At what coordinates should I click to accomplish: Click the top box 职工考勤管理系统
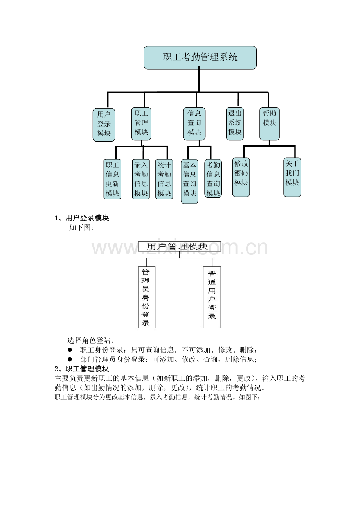[x=200, y=57]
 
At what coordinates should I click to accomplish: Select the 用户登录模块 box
[x=104, y=125]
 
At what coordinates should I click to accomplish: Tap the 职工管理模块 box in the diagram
[x=141, y=124]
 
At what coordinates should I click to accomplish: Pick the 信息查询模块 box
[x=194, y=124]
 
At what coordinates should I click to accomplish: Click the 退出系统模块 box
[x=235, y=124]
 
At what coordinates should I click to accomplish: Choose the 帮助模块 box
[x=270, y=124]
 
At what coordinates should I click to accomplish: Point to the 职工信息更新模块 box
[x=112, y=179]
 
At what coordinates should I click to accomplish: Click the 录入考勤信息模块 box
[x=141, y=179]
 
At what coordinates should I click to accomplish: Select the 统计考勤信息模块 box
[x=164, y=179]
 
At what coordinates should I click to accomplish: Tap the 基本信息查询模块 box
[x=190, y=181]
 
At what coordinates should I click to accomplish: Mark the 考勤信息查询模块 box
[x=213, y=178]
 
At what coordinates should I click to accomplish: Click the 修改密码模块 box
[x=241, y=177]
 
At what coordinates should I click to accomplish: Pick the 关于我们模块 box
[x=292, y=177]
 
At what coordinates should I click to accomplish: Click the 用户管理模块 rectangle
[x=180, y=247]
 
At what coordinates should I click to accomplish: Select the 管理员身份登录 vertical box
[x=147, y=297]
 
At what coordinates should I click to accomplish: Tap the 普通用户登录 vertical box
[x=212, y=297]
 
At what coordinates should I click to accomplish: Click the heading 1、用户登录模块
[x=82, y=218]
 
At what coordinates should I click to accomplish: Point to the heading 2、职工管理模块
[x=82, y=369]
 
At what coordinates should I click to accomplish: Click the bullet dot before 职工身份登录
[x=70, y=350]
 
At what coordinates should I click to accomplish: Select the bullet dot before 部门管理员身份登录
[x=70, y=359]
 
